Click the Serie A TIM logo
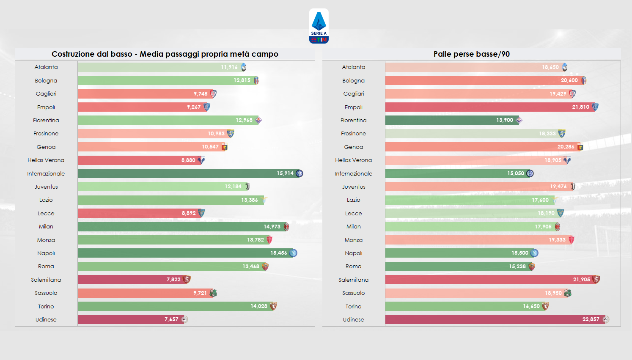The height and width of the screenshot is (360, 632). (319, 26)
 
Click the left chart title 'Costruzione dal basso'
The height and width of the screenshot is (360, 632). (165, 54)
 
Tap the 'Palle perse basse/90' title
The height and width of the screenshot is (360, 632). (471, 54)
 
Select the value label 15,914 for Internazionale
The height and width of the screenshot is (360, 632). (285, 173)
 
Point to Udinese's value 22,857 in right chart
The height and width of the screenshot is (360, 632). (591, 319)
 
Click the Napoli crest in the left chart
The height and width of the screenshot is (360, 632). (293, 253)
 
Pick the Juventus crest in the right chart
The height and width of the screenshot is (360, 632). (572, 187)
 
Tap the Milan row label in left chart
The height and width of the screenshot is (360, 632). (46, 227)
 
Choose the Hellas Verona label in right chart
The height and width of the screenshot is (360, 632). (353, 160)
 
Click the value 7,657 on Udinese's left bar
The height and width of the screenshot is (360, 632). (171, 319)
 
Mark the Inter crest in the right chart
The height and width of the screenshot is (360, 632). (530, 173)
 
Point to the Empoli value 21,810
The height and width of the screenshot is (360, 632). (580, 107)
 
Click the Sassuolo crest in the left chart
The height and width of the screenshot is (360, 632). (213, 293)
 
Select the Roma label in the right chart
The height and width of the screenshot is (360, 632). (353, 267)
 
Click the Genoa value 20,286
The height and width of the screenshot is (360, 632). (566, 147)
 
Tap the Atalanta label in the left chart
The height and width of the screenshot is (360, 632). (46, 67)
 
